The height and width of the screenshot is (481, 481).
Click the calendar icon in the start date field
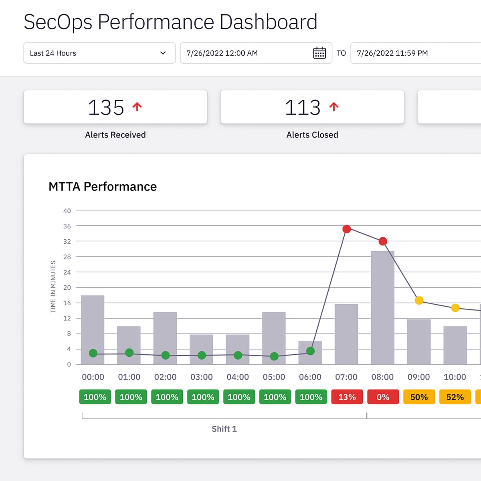pyautogui.click(x=319, y=53)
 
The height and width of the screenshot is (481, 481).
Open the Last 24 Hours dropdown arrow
pyautogui.click(x=163, y=53)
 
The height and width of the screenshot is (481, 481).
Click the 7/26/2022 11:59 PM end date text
pyautogui.click(x=392, y=53)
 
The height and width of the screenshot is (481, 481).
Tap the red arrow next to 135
pyautogui.click(x=137, y=107)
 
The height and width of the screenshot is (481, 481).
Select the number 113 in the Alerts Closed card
pyautogui.click(x=303, y=107)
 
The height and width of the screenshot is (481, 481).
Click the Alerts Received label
pyautogui.click(x=115, y=135)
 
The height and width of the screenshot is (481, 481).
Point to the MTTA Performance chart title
pyautogui.click(x=103, y=186)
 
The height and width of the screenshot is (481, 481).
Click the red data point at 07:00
pyautogui.click(x=347, y=229)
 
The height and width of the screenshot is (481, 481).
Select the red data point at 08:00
pyautogui.click(x=383, y=241)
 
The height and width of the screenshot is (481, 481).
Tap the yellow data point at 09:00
pyautogui.click(x=419, y=300)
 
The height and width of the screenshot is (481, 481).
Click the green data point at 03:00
pyautogui.click(x=202, y=355)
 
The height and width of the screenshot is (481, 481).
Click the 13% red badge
pyautogui.click(x=347, y=397)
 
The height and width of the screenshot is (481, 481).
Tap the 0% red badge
pyautogui.click(x=383, y=397)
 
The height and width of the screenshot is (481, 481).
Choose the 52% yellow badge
pyautogui.click(x=455, y=397)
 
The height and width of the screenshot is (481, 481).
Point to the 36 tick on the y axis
pyautogui.click(x=67, y=226)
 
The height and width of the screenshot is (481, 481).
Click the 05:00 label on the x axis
pyautogui.click(x=274, y=377)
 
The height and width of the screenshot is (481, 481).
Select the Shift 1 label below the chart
pyautogui.click(x=224, y=429)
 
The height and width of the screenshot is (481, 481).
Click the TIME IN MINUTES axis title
pyautogui.click(x=53, y=287)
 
